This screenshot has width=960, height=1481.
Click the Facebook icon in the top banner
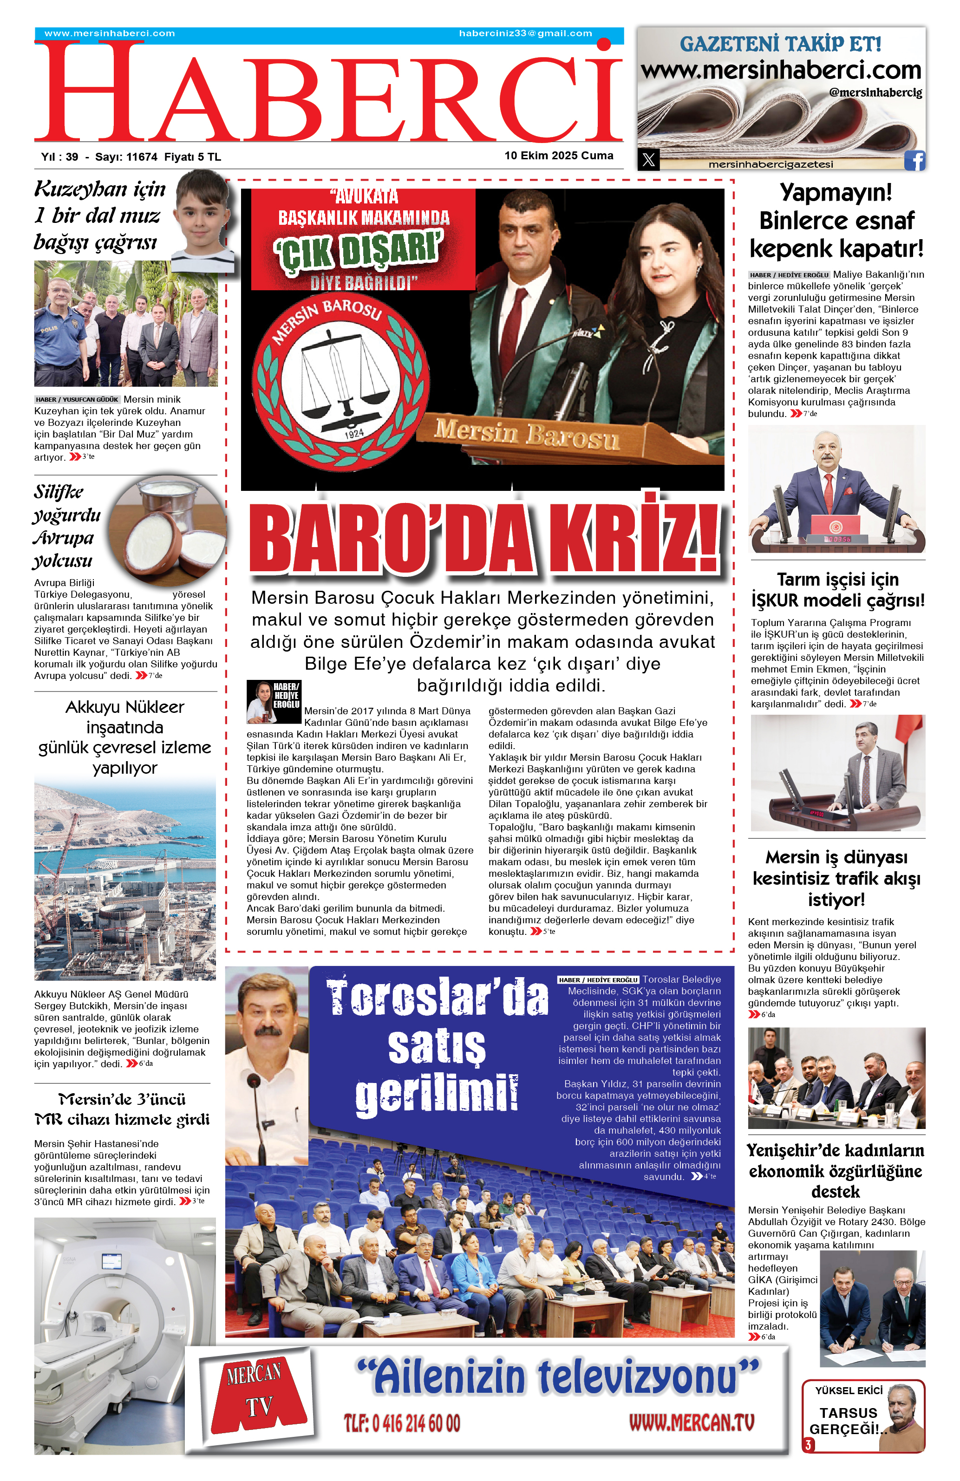pyautogui.click(x=914, y=161)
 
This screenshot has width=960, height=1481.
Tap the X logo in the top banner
pyautogui.click(x=648, y=160)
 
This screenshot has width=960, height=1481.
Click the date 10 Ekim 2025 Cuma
pyautogui.click(x=558, y=156)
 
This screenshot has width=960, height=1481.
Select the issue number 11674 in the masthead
pyautogui.click(x=141, y=157)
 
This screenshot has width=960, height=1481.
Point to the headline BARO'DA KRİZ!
pyautogui.click(x=485, y=540)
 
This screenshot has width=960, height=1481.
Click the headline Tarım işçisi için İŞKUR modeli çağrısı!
pyautogui.click(x=837, y=589)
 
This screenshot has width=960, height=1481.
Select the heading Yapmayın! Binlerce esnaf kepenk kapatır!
pyautogui.click(x=836, y=220)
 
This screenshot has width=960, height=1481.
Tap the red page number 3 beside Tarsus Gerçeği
pyautogui.click(x=808, y=1445)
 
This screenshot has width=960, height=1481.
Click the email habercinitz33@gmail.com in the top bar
pyautogui.click(x=525, y=33)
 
